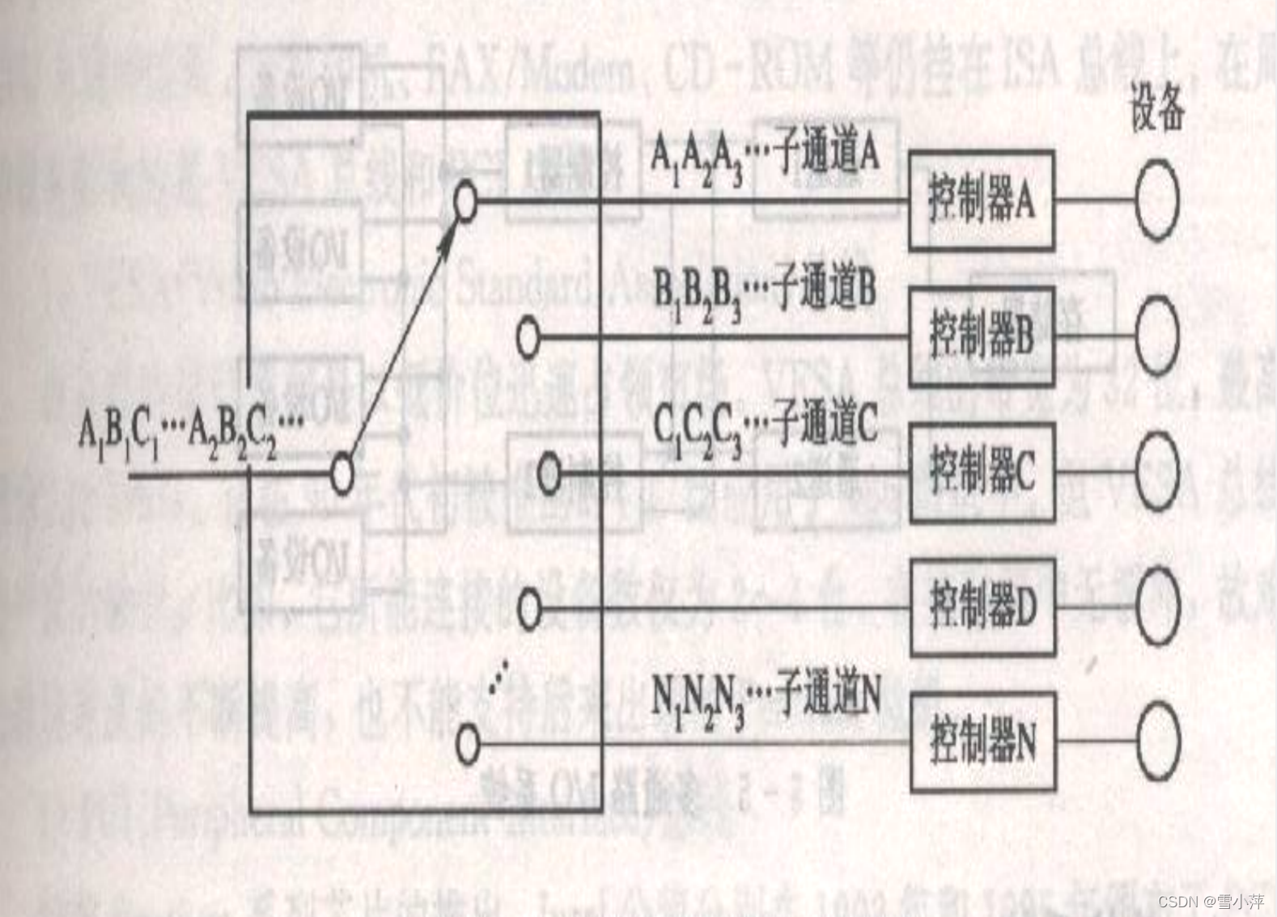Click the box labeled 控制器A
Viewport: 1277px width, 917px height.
click(x=982, y=200)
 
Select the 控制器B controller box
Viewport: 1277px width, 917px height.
click(x=982, y=336)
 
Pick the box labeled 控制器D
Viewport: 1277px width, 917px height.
click(x=982, y=606)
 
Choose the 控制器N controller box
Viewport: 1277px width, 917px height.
click(x=982, y=741)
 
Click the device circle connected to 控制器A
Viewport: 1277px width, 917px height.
click(x=1156, y=200)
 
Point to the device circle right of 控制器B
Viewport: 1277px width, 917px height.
click(x=1156, y=336)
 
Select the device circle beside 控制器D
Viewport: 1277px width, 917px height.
click(x=1157, y=606)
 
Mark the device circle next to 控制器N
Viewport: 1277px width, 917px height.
click(x=1157, y=741)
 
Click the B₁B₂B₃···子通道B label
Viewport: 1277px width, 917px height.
click(x=765, y=292)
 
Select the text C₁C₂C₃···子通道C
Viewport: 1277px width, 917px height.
click(x=765, y=427)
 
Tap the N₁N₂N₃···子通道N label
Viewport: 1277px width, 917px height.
click(x=766, y=697)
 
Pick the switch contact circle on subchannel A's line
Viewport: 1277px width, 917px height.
click(x=465, y=201)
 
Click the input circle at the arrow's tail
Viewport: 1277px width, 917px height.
click(x=342, y=475)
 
